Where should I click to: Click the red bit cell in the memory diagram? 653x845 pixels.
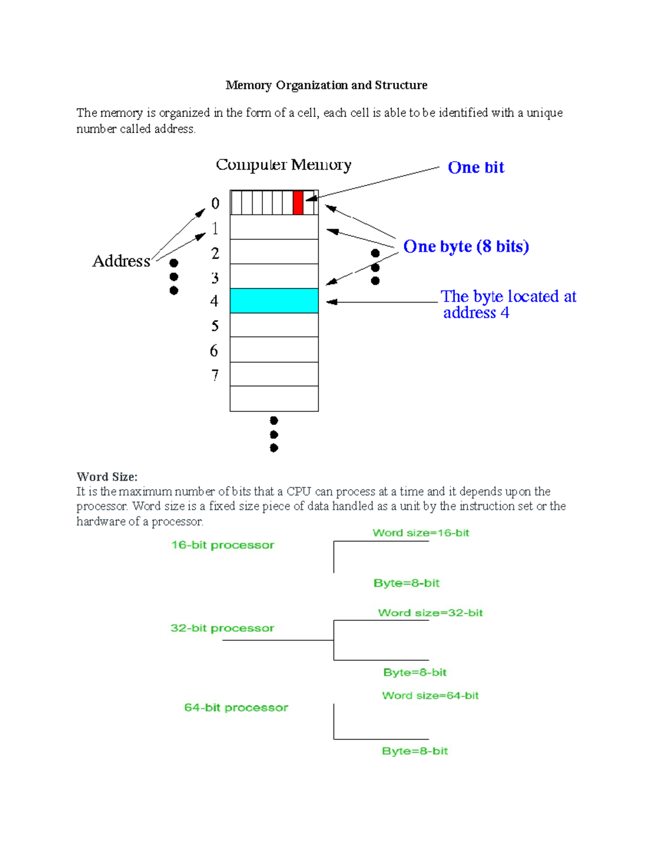298,202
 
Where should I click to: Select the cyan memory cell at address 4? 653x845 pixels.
274,301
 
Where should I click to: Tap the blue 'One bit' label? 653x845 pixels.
476,168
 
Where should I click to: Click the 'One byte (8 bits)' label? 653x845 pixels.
466,246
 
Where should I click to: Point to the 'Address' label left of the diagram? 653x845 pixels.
121,261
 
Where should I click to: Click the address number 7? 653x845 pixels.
215,375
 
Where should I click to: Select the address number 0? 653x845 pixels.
215,203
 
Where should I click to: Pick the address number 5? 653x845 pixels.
215,326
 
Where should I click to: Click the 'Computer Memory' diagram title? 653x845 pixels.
284,164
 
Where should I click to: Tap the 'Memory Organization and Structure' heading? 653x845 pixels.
326,85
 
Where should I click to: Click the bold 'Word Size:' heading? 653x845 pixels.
107,477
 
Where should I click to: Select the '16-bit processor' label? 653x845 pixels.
223,545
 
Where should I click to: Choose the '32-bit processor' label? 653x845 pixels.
222,628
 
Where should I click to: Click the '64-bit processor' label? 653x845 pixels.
236,707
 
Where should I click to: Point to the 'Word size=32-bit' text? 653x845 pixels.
430,613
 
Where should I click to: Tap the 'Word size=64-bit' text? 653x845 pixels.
430,695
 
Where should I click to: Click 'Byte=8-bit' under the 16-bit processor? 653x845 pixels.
406,583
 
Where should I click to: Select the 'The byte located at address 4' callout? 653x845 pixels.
508,304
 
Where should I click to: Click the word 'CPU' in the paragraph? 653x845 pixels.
299,492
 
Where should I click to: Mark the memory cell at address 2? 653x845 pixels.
274,252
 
